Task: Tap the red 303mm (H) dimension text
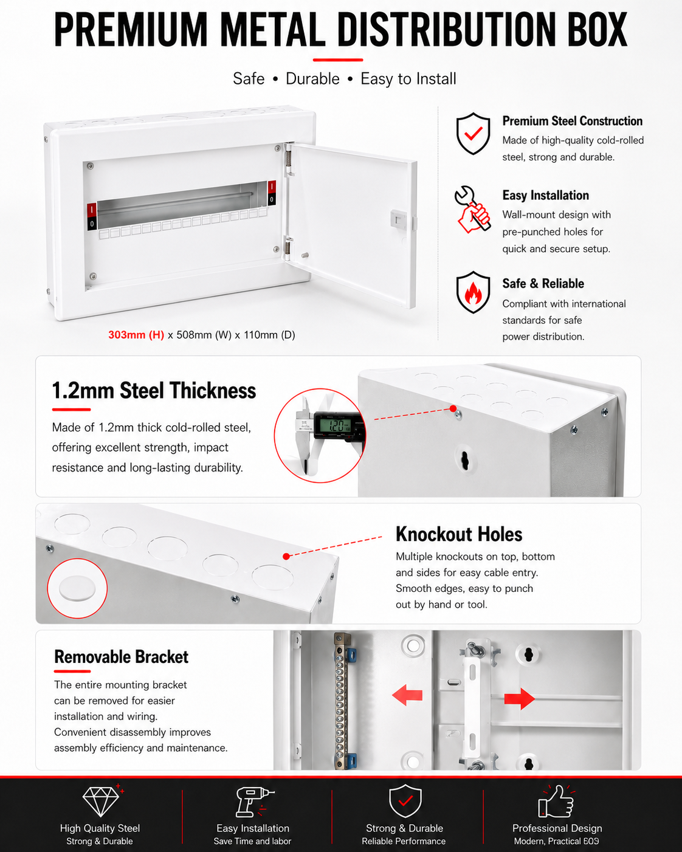(136, 335)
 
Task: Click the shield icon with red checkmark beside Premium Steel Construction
(473, 134)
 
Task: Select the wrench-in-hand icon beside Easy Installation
(472, 210)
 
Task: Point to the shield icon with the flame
(473, 292)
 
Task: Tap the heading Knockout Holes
(459, 534)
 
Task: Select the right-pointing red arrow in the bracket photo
(519, 699)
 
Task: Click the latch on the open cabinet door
(398, 219)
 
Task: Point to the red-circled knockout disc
(77, 588)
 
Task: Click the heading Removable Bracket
(121, 657)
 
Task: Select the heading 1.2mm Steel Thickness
(154, 390)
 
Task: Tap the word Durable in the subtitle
(312, 79)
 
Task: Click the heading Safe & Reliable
(543, 283)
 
